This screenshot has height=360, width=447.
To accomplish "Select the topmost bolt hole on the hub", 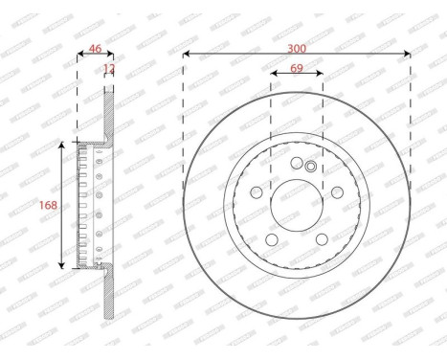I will [x=297, y=163].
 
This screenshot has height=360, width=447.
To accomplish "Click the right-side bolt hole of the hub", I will [x=336, y=191].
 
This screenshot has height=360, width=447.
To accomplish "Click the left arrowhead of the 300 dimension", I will [x=186, y=53].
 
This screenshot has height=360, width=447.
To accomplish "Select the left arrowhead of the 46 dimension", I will [x=79, y=53].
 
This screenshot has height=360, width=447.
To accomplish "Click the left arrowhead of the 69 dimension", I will [x=274, y=73].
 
